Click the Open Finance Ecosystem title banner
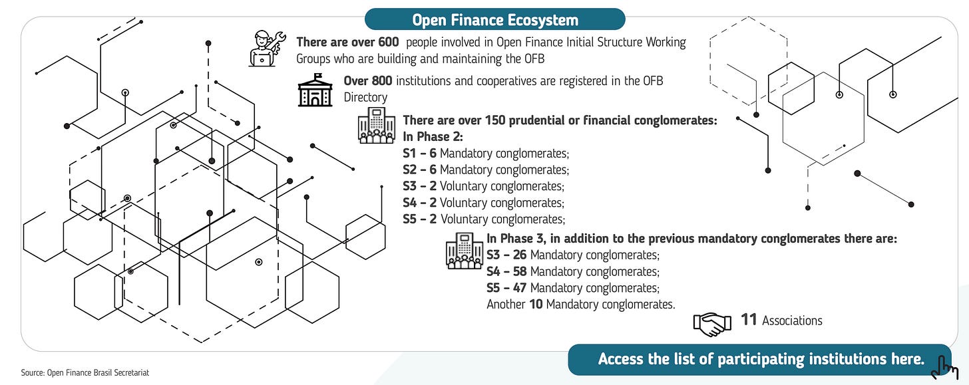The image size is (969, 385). (494, 20)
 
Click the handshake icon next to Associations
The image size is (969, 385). (712, 323)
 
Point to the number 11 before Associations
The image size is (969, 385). (749, 320)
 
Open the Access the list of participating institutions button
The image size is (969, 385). (761, 360)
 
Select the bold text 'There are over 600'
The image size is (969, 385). (347, 43)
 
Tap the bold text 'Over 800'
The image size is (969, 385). (368, 81)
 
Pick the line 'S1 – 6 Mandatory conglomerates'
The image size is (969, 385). (486, 154)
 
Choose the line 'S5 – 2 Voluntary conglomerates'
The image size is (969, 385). (484, 219)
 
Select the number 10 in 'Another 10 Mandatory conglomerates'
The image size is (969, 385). (536, 305)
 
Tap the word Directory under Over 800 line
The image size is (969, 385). (365, 98)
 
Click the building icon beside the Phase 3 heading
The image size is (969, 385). (464, 251)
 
